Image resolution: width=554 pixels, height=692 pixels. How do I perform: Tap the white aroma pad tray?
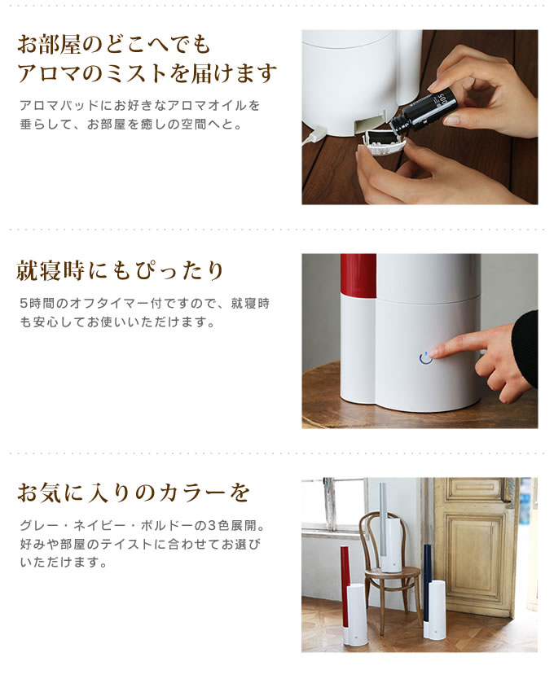click(380, 143)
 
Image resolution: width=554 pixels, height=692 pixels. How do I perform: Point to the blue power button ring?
click(425, 357)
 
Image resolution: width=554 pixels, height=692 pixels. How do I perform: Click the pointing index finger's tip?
click(432, 353)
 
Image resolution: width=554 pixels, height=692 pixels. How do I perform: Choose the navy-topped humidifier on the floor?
click(433, 591)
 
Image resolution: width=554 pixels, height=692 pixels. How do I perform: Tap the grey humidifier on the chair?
click(389, 530)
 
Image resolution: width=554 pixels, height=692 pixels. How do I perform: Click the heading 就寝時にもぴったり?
click(120, 270)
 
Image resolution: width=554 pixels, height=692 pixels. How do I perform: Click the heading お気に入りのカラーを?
click(134, 493)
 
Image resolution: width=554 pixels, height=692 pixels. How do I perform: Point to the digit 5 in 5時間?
click(24, 304)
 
